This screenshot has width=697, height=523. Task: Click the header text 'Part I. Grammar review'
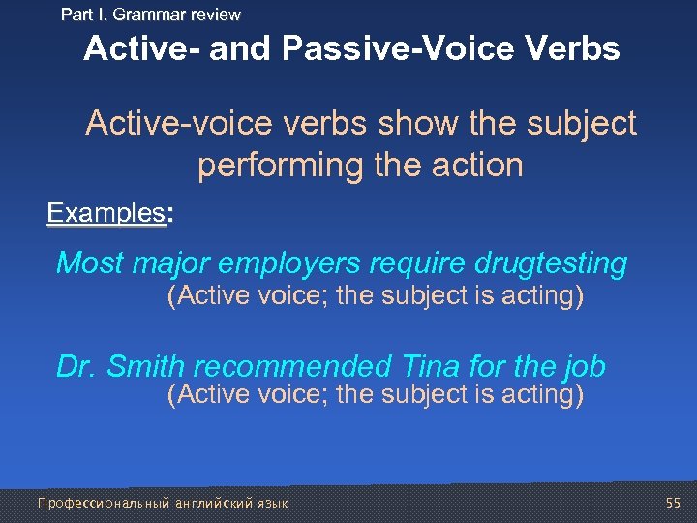coord(150,15)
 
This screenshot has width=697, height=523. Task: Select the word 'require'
coord(410,263)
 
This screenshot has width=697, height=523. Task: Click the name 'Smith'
coord(146,367)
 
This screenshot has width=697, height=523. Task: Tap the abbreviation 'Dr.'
coord(76,367)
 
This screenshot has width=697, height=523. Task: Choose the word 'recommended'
coord(289,367)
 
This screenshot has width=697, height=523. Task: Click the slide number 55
coord(674,503)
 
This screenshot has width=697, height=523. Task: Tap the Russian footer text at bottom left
coord(162,503)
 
